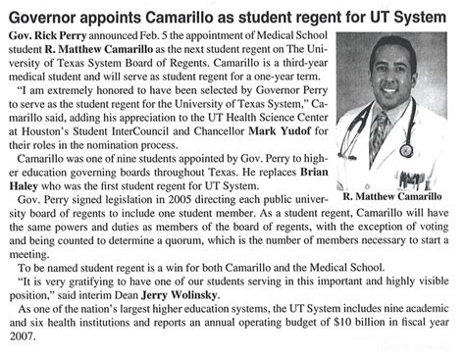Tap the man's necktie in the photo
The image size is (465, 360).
[x=379, y=133]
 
